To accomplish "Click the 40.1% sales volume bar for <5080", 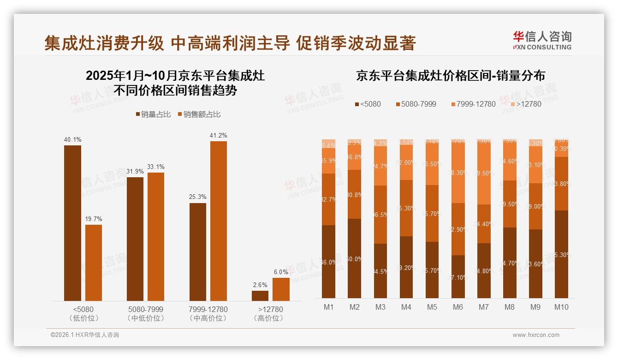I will (x=72, y=223).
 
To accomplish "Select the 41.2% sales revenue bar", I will (x=219, y=221).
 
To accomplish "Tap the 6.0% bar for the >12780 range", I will (x=281, y=289).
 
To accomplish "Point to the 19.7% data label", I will (x=94, y=219).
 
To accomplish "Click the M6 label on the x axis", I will (x=458, y=307).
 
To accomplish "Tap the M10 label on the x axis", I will (x=561, y=307).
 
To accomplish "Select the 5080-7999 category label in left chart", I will (x=145, y=309).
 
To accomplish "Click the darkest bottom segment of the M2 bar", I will (x=355, y=258).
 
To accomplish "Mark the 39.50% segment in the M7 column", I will (x=484, y=173).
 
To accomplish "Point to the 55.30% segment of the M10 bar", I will (x=561, y=254).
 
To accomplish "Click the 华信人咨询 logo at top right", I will (x=542, y=40).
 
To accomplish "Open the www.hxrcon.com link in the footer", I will (x=536, y=335).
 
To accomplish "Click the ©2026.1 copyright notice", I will (x=84, y=335).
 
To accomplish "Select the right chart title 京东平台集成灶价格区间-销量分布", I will (x=450, y=76).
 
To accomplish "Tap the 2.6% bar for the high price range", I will (x=260, y=296).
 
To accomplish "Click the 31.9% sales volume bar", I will (x=135, y=239).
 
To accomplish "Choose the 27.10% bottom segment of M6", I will (x=458, y=276).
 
